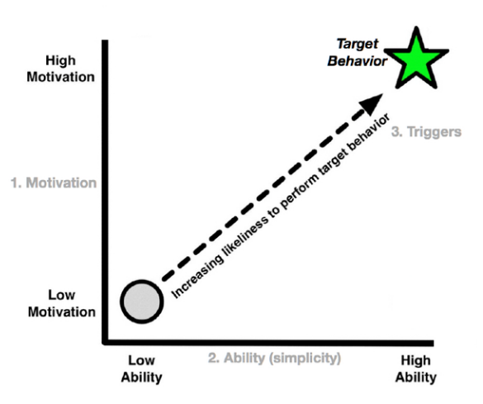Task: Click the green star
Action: (x=416, y=59)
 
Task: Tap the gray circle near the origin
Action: (x=142, y=302)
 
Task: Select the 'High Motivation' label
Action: (x=60, y=69)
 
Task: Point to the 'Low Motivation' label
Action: (x=62, y=303)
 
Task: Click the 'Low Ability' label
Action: (x=141, y=368)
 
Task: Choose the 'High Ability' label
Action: (x=416, y=368)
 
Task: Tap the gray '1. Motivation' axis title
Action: (x=54, y=183)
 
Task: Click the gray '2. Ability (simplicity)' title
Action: (x=274, y=358)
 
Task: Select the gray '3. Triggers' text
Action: (x=426, y=132)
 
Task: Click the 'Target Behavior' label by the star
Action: (x=357, y=52)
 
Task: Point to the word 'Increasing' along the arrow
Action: (x=197, y=277)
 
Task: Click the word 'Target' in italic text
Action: (x=358, y=44)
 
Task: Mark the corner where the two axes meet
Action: (x=105, y=342)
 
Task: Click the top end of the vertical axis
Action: (x=105, y=40)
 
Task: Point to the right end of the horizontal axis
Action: (x=433, y=342)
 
